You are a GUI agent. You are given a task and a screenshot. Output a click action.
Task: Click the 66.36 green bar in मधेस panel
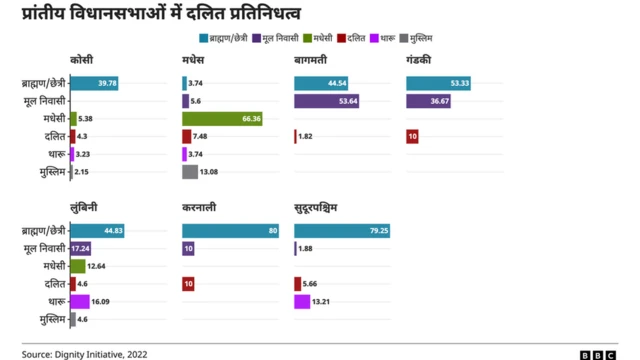[222, 119]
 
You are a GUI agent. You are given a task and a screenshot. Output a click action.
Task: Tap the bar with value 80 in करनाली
[231, 231]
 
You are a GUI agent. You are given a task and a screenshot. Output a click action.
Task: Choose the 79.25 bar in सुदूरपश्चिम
[343, 231]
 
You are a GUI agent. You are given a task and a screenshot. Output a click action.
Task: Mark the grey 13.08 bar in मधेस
[190, 172]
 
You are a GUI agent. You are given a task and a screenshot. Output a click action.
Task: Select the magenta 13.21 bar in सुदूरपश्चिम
[302, 301]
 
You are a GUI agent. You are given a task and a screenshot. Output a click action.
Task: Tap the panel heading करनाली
[202, 207]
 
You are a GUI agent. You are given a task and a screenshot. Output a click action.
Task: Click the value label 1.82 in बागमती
[306, 137]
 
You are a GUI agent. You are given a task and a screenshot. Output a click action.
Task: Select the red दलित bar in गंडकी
[412, 136]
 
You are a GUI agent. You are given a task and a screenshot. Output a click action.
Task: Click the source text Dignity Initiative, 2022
[110, 353]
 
